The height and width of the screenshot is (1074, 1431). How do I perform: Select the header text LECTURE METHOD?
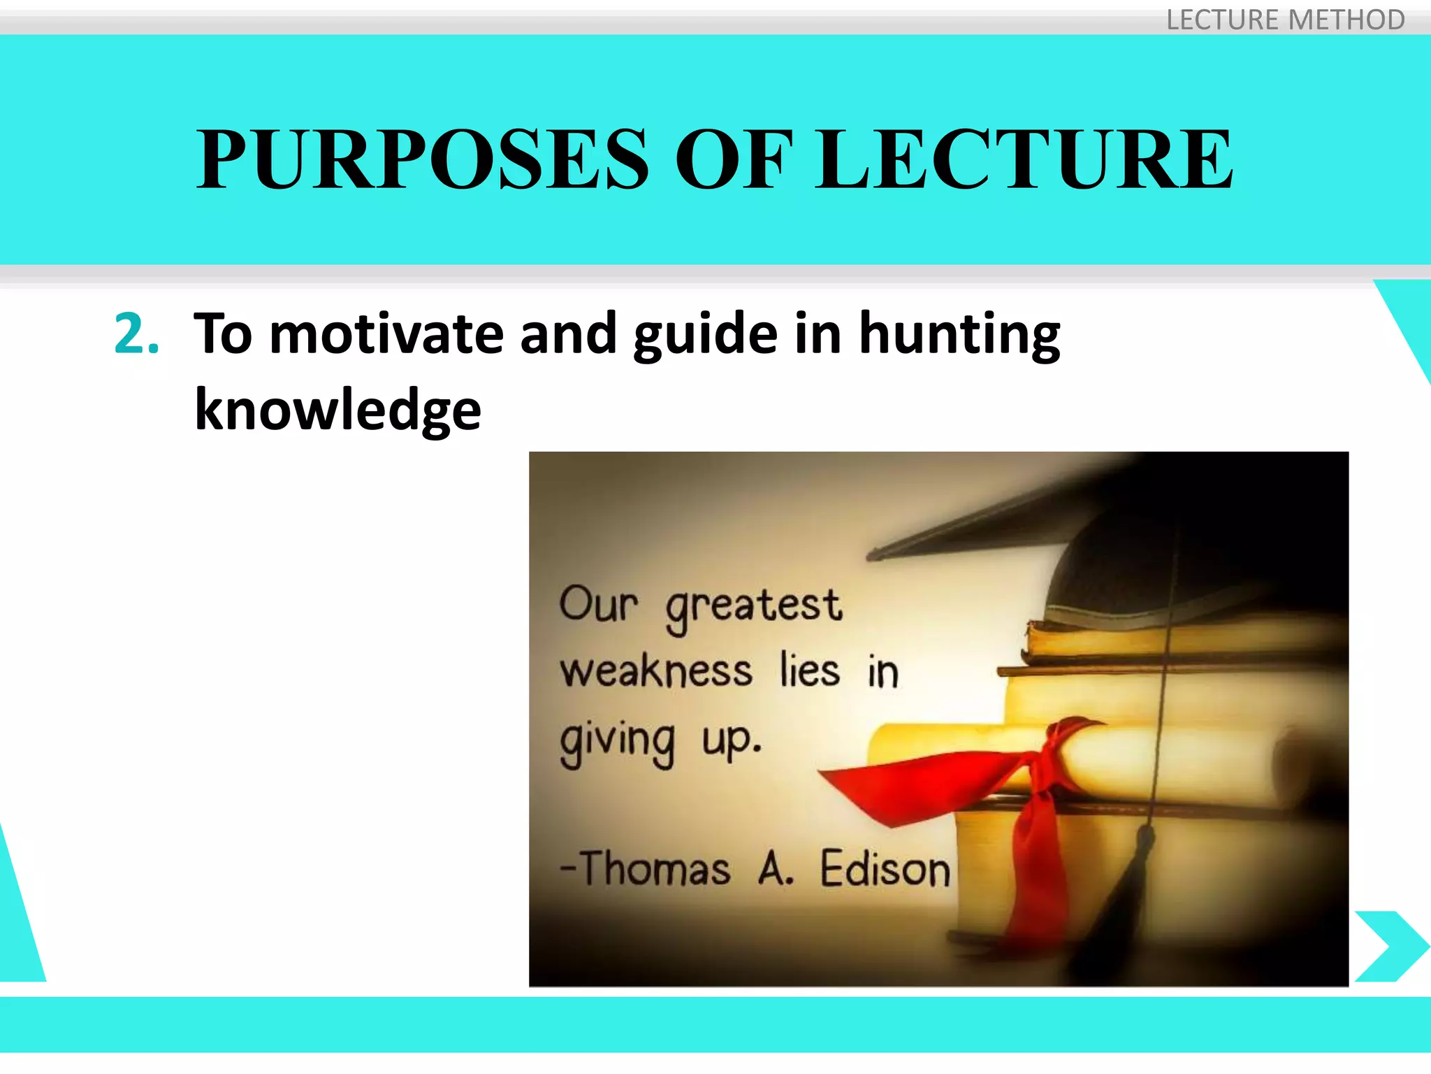(1285, 20)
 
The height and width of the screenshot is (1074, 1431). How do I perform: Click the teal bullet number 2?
(136, 334)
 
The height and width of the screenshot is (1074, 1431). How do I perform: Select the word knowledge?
(337, 410)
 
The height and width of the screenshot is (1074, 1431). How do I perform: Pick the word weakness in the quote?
(656, 671)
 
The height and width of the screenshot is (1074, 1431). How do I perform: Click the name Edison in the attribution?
(885, 869)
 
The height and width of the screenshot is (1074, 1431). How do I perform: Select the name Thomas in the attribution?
(655, 869)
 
